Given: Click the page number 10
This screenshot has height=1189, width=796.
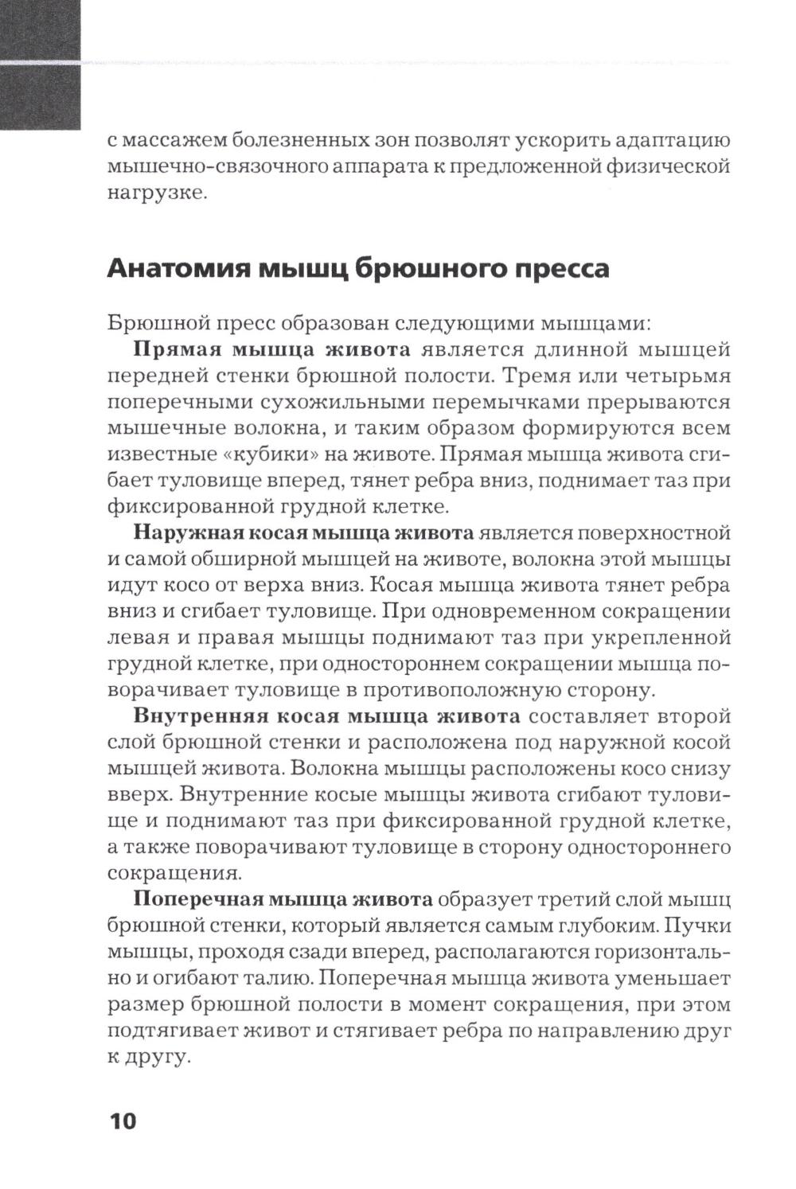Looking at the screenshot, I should tap(123, 1121).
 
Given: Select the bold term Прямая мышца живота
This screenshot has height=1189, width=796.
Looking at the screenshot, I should tap(271, 349).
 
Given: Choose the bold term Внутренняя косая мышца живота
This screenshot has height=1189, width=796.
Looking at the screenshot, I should tap(326, 715).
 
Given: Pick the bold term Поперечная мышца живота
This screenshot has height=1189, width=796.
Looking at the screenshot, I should tap(283, 899).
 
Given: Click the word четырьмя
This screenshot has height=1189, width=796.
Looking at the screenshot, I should tap(672, 376).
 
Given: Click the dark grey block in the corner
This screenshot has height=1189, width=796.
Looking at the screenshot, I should tap(40, 64).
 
